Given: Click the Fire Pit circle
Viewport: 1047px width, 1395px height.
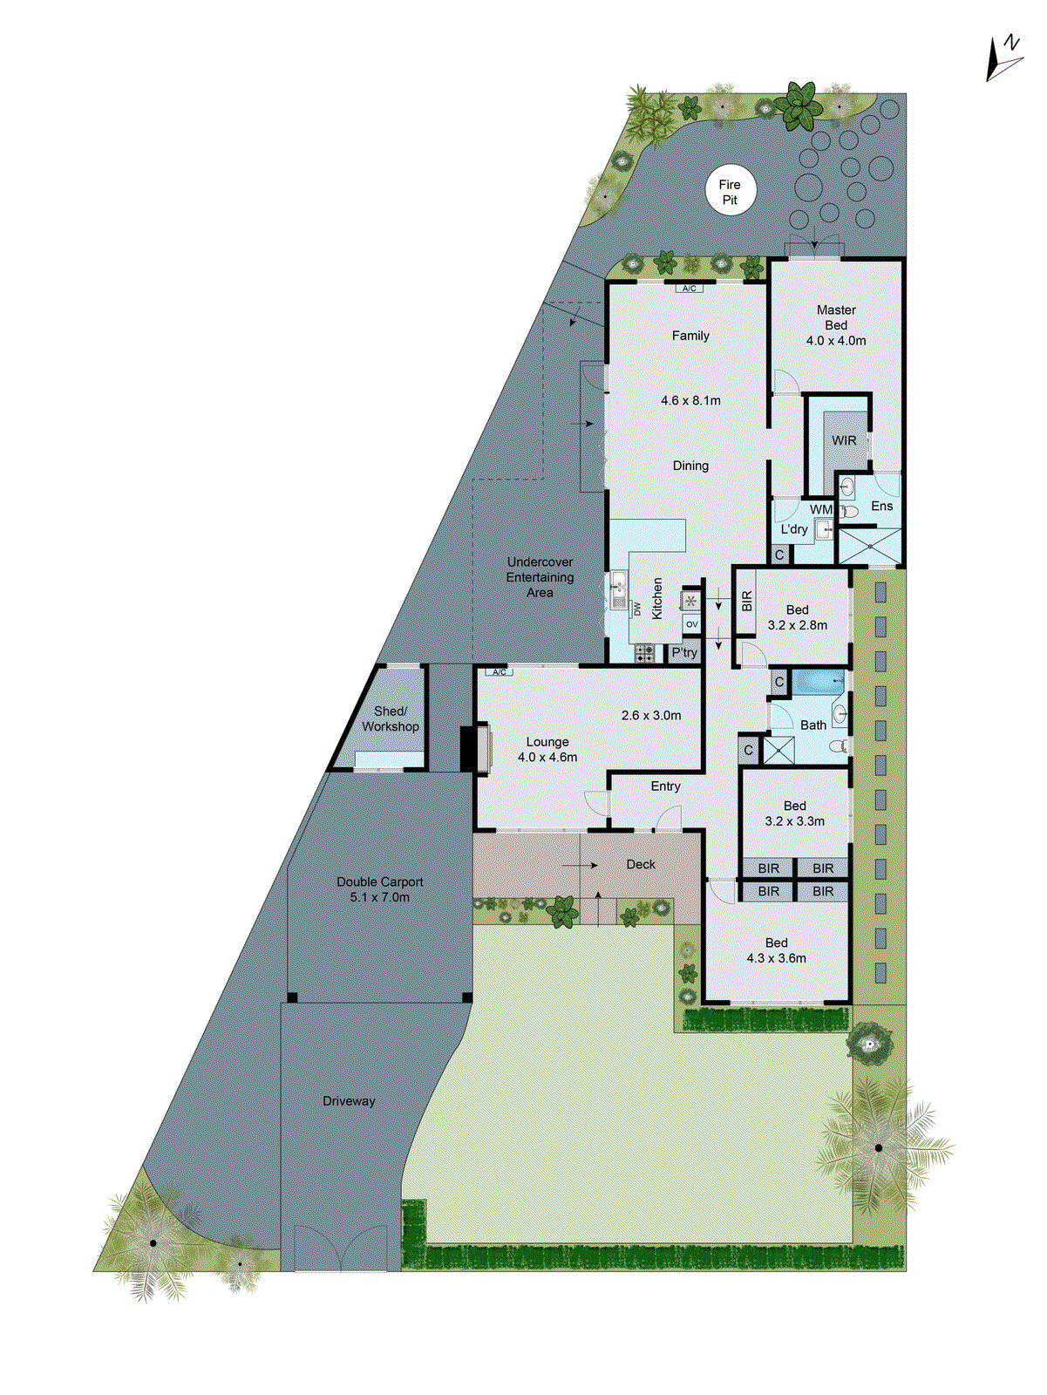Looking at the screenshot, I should coord(730,192).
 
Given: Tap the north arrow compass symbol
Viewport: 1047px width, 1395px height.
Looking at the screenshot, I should coord(1004,59).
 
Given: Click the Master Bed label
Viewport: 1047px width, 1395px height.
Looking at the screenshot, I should coord(836,317).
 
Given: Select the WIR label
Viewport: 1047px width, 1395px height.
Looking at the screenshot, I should coord(843,440).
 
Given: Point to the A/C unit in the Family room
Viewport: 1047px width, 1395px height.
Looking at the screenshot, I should coord(689,288).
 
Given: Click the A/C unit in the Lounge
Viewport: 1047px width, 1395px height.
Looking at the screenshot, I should coord(499,672).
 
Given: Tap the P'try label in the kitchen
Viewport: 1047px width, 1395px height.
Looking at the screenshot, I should coord(684,652).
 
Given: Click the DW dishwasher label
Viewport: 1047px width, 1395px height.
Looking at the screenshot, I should coord(637,609).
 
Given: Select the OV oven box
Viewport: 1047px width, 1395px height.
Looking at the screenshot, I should coord(691,624).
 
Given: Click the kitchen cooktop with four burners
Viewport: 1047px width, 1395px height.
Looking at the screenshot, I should coord(644,653).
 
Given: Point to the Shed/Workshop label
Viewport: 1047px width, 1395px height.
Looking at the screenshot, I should coord(390,718).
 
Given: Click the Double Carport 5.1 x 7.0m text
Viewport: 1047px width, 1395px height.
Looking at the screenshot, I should coord(379,889).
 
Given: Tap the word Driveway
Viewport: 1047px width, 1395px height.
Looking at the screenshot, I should coord(349,1101).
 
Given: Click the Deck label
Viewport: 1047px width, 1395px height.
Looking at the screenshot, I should coord(641,864).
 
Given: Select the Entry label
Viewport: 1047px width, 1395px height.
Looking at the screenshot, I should coord(665,786).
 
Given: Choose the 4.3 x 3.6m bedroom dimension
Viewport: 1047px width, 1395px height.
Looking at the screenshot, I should coord(776,957).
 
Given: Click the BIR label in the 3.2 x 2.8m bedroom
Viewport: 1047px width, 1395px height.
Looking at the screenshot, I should coord(746,602).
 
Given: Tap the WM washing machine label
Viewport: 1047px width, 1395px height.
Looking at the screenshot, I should coord(820,509).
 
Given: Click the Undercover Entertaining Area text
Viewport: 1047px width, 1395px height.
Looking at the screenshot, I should coord(540,577).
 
